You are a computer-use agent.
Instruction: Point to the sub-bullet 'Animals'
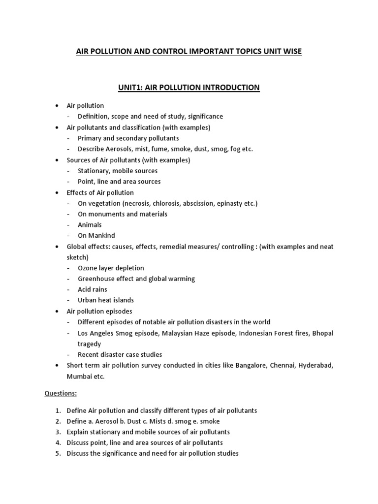(90, 225)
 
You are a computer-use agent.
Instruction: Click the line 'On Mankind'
(96, 235)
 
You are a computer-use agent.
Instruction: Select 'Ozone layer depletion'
(111, 268)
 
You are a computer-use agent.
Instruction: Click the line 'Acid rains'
(92, 289)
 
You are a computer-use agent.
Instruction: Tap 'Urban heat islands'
(106, 300)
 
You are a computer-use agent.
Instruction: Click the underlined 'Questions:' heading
(62, 394)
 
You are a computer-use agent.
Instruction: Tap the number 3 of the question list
(57, 432)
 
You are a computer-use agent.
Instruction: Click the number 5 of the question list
(57, 453)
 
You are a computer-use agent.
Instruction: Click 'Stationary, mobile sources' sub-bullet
(118, 171)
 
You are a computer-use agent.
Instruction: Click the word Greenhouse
(95, 279)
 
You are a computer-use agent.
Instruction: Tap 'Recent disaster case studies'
(120, 354)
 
